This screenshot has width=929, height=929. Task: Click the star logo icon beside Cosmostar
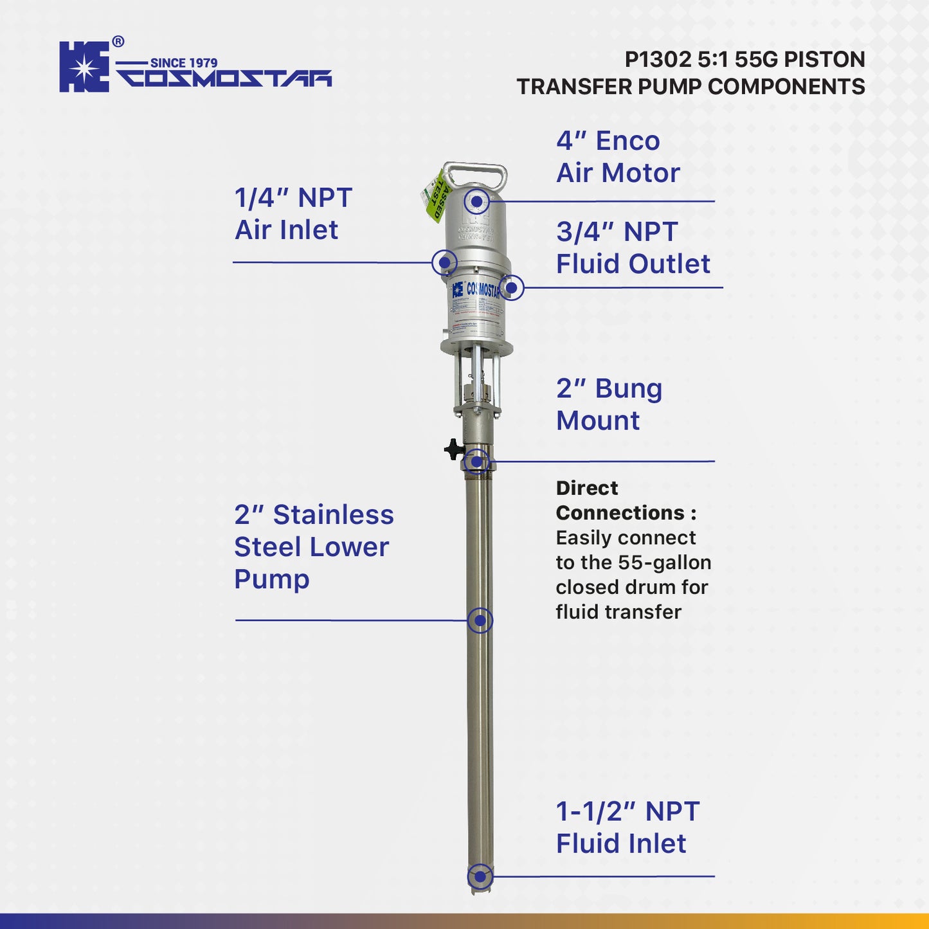coord(84,67)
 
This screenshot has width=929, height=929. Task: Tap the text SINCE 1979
coord(184,63)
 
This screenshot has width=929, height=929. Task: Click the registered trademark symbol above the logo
coord(118,42)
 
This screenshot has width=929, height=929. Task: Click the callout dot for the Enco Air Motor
coord(476,202)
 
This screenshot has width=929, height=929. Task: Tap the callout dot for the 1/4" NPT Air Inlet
coord(444,262)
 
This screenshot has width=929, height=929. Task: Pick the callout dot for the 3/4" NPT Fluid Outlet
coord(511,287)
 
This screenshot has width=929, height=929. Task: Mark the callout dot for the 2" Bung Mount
coord(476,461)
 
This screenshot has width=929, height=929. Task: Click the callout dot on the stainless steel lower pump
coord(480,620)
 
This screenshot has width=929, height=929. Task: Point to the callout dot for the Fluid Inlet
coord(480,876)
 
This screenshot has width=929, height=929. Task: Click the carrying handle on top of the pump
coord(476,173)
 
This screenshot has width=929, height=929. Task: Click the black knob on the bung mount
coord(454,449)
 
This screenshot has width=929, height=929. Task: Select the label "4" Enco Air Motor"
coord(617,157)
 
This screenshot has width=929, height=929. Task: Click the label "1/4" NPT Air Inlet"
coord(293,214)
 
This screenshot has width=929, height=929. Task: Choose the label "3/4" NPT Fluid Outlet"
coord(633,248)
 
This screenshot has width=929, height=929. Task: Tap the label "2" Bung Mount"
coord(608,404)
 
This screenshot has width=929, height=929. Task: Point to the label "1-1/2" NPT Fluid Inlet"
coord(627,827)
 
